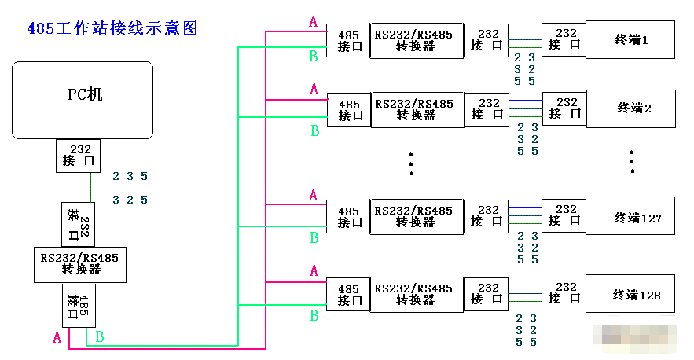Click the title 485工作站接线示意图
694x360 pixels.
click(x=112, y=29)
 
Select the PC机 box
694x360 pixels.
click(x=83, y=100)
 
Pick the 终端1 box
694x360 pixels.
click(x=631, y=40)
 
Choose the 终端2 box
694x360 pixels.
click(x=631, y=108)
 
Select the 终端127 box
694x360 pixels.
click(x=631, y=217)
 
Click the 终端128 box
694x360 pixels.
click(x=631, y=295)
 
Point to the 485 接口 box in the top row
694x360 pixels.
click(x=349, y=41)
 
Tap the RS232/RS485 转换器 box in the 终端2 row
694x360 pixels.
click(x=416, y=109)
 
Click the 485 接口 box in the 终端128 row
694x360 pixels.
click(x=349, y=295)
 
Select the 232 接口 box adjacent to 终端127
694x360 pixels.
click(x=564, y=217)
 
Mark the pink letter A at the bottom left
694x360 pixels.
click(x=57, y=338)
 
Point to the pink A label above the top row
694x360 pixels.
click(x=314, y=22)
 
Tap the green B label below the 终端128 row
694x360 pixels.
click(x=314, y=315)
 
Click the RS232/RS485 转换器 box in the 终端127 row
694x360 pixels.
click(x=416, y=217)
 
